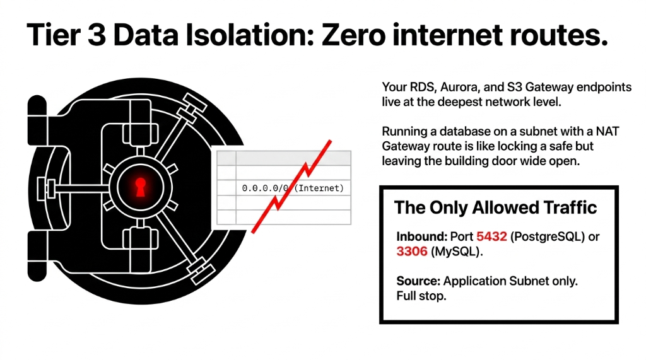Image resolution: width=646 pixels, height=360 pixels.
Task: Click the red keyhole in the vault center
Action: coord(140,186)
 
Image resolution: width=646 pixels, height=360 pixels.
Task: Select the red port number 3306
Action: coord(411,252)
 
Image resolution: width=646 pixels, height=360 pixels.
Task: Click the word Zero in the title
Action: coord(356,36)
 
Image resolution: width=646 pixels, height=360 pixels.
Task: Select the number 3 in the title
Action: coord(97,36)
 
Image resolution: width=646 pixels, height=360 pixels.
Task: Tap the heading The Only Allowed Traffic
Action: coord(495,207)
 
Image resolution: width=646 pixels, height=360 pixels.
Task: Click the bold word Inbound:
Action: coord(421,236)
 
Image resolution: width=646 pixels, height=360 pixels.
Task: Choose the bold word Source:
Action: coord(418,281)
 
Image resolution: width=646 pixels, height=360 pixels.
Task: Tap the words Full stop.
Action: coord(421,296)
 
